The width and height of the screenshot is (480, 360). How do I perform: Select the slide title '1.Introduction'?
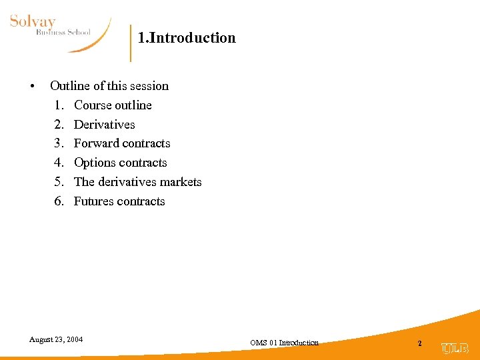click(x=187, y=38)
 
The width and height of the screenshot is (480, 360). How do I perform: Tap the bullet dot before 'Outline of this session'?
click(x=31, y=87)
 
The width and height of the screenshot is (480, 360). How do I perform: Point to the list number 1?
click(x=59, y=105)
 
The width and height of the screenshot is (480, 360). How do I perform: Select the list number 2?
click(x=59, y=125)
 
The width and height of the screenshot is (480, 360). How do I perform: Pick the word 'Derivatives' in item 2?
click(x=104, y=125)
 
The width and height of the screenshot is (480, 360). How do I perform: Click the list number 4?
click(x=59, y=163)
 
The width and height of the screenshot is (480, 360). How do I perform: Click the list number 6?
click(x=59, y=201)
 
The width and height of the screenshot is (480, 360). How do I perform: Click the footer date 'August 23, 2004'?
click(x=56, y=339)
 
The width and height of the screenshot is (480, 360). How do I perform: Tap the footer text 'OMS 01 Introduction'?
click(x=284, y=343)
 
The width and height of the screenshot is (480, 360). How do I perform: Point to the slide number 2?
click(x=419, y=343)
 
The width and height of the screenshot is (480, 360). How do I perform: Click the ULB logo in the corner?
click(x=455, y=348)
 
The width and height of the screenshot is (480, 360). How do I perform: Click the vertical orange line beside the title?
click(x=131, y=43)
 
